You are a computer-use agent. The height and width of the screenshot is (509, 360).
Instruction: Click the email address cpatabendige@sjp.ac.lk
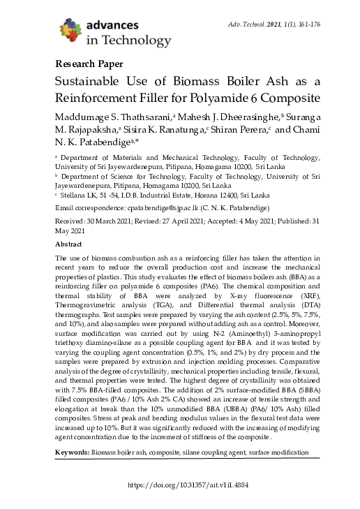183,209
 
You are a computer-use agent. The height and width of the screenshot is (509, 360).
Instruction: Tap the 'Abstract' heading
68,245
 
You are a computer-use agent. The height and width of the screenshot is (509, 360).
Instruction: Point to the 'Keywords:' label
73,453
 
